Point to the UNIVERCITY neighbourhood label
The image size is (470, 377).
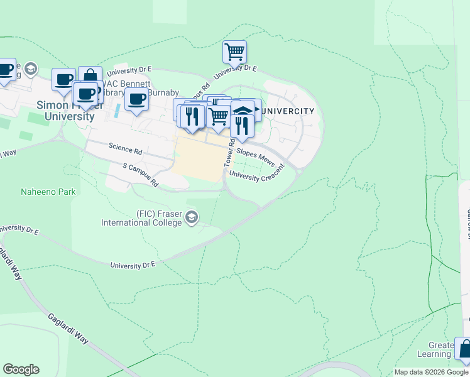pyautogui.click(x=287, y=111)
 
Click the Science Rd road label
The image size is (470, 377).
pyautogui.click(x=125, y=150)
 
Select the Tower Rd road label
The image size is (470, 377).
pyautogui.click(x=230, y=153)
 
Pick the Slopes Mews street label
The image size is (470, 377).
pyautogui.click(x=256, y=157)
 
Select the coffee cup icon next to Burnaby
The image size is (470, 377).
pyautogui.click(x=136, y=99)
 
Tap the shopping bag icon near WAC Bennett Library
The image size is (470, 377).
pyautogui.click(x=90, y=76)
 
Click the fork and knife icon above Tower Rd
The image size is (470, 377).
pyautogui.click(x=242, y=125)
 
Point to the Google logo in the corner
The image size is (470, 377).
pyautogui.click(x=21, y=369)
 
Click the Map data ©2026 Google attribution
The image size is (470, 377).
pyautogui.click(x=431, y=372)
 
